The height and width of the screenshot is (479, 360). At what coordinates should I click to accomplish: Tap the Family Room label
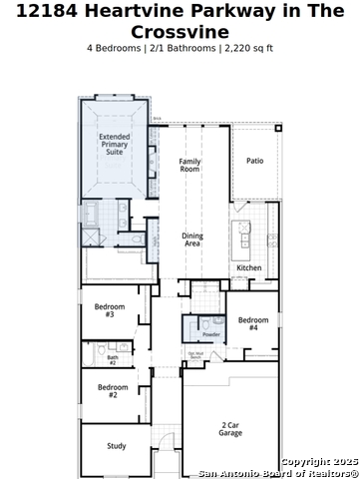point(190,165)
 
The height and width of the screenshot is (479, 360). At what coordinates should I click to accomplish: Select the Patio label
point(255,160)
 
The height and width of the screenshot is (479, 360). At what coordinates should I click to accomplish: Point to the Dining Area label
point(191,240)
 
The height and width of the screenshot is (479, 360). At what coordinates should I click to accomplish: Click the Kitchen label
point(248,267)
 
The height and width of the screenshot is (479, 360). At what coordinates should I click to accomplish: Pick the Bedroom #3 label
point(110,310)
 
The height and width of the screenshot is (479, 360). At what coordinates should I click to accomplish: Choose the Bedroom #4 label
point(253,324)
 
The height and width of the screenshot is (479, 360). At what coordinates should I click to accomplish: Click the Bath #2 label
point(113,359)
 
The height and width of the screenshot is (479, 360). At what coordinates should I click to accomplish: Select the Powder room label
point(211,334)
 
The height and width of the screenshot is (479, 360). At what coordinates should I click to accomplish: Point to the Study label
point(117,445)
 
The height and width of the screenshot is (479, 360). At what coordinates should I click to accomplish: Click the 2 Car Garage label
point(230,429)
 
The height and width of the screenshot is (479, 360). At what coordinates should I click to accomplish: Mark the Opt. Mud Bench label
point(195,354)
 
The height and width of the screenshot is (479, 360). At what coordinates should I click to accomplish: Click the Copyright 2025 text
point(319,461)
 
